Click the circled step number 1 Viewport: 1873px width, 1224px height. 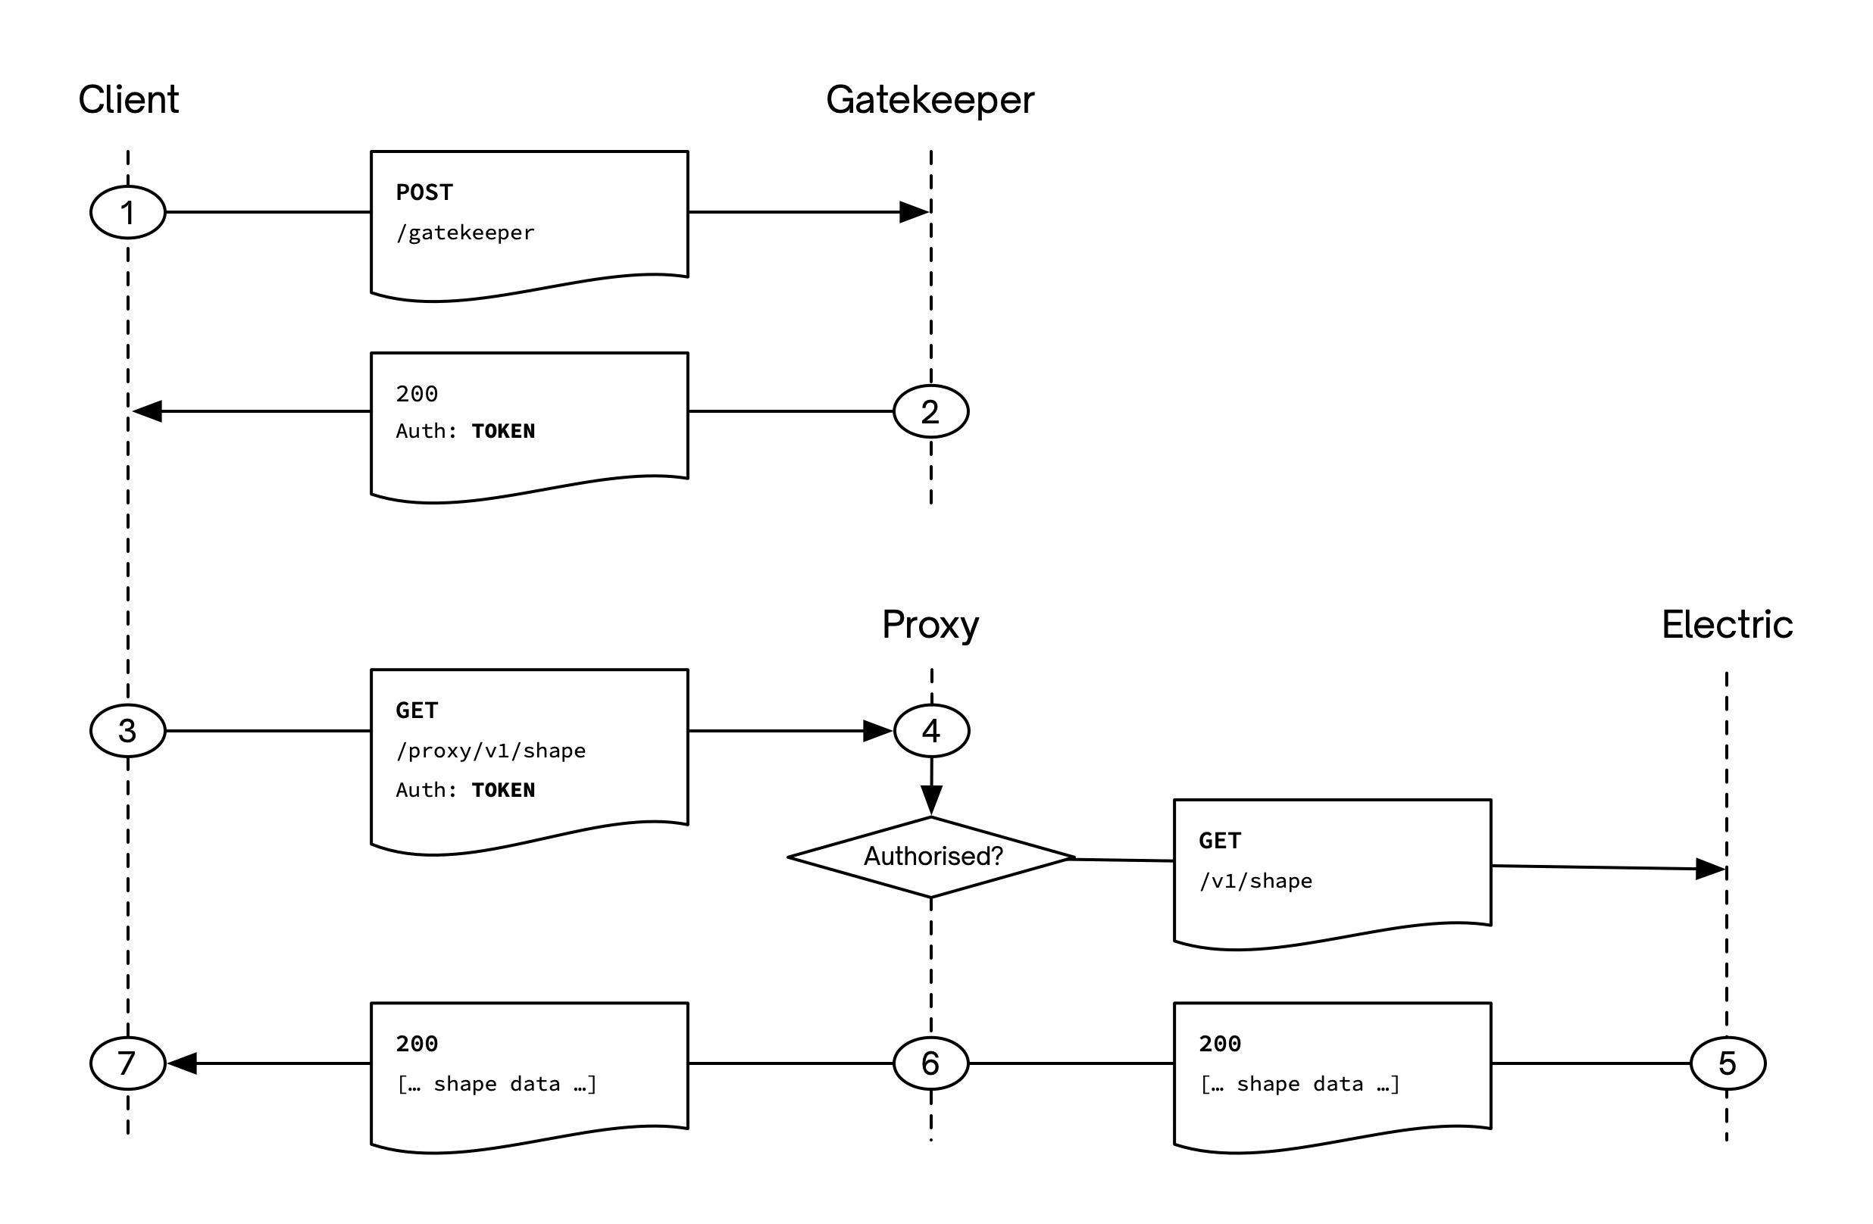(127, 212)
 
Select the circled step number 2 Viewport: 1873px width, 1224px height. (930, 411)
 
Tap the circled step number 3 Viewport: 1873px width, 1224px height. (127, 731)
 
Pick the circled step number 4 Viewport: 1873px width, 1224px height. (931, 731)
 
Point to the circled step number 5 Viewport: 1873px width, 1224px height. (1728, 1063)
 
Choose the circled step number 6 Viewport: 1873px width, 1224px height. (930, 1063)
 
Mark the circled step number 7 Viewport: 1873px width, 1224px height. (127, 1063)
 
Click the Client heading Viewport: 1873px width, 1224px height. (128, 100)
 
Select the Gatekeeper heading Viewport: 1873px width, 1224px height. (930, 100)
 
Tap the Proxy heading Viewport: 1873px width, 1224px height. (930, 625)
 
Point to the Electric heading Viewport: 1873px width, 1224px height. (1727, 625)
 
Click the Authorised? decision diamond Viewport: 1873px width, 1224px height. (932, 857)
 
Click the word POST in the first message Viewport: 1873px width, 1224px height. (424, 192)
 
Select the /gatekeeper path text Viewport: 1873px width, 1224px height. (465, 233)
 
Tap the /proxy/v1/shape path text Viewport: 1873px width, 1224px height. (490, 751)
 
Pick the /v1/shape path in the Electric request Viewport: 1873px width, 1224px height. (1255, 881)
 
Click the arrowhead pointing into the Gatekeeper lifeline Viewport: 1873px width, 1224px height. (914, 212)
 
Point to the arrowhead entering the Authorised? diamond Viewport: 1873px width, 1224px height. (931, 800)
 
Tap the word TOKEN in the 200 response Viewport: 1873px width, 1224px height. (503, 431)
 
